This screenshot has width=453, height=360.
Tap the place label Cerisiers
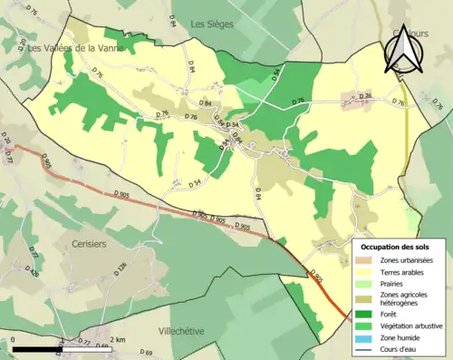[92, 245]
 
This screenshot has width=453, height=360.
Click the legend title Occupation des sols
[395, 247]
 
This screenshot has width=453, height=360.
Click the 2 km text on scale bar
[117, 339]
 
